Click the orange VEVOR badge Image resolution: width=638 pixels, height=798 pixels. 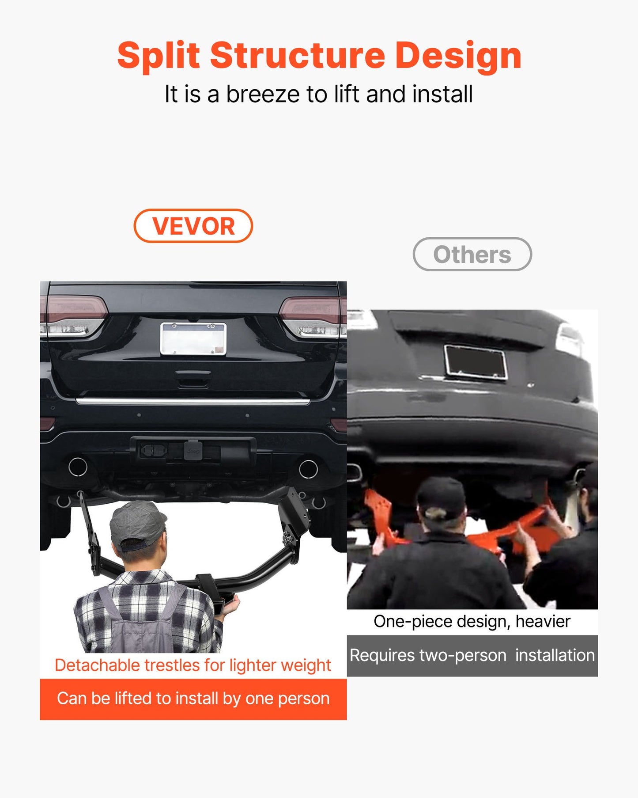[193, 226]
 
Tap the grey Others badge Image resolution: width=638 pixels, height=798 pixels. [472, 254]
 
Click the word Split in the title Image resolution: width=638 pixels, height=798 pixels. [159, 56]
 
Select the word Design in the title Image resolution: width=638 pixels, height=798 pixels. [458, 56]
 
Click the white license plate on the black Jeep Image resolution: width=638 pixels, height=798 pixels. [193, 338]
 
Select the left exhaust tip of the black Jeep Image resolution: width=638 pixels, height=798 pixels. [78, 467]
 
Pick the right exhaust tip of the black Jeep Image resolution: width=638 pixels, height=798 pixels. [308, 469]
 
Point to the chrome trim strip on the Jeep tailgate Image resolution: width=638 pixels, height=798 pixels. [193, 401]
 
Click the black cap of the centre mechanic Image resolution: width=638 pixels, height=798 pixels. [441, 498]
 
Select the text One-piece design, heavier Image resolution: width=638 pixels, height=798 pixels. [472, 621]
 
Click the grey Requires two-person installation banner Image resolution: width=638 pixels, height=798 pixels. [472, 656]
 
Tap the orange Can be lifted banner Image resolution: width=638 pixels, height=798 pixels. [193, 699]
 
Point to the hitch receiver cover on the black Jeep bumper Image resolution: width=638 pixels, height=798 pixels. [193, 450]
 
